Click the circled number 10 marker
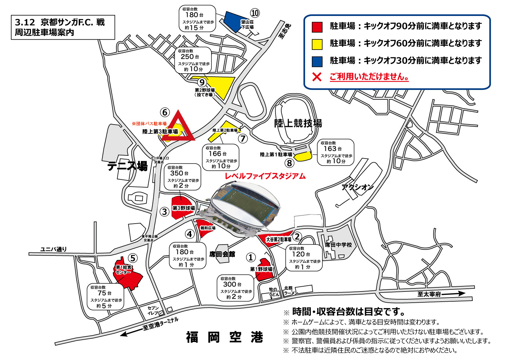click(x=255, y=13)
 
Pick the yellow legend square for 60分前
click(x=317, y=44)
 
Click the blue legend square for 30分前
click(x=317, y=61)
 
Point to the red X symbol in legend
click(x=317, y=77)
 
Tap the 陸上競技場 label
click(x=298, y=123)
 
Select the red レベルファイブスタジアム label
click(x=265, y=176)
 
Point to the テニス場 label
click(x=128, y=166)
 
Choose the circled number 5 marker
click(x=133, y=258)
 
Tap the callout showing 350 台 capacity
click(x=182, y=177)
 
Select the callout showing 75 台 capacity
click(x=105, y=297)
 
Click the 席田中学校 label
click(x=338, y=245)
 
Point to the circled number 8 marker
click(x=289, y=163)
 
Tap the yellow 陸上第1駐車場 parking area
click(x=303, y=156)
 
